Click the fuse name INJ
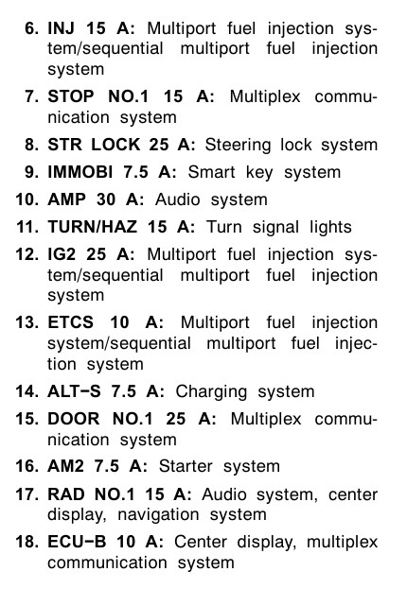(x=61, y=28)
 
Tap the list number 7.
(x=31, y=96)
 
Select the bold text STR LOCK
(x=94, y=145)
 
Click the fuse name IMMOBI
(x=80, y=172)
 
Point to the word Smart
(x=211, y=172)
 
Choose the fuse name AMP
(x=66, y=199)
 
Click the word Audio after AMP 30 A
(x=177, y=199)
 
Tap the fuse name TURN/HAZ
(x=92, y=227)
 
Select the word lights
(x=330, y=228)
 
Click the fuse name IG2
(x=62, y=254)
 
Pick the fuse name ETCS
(x=70, y=322)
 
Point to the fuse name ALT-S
(x=74, y=391)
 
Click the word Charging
(x=211, y=392)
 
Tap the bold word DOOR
(x=74, y=419)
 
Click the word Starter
(x=186, y=466)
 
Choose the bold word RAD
(x=66, y=494)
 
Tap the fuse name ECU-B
(x=77, y=542)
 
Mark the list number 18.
(x=27, y=542)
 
